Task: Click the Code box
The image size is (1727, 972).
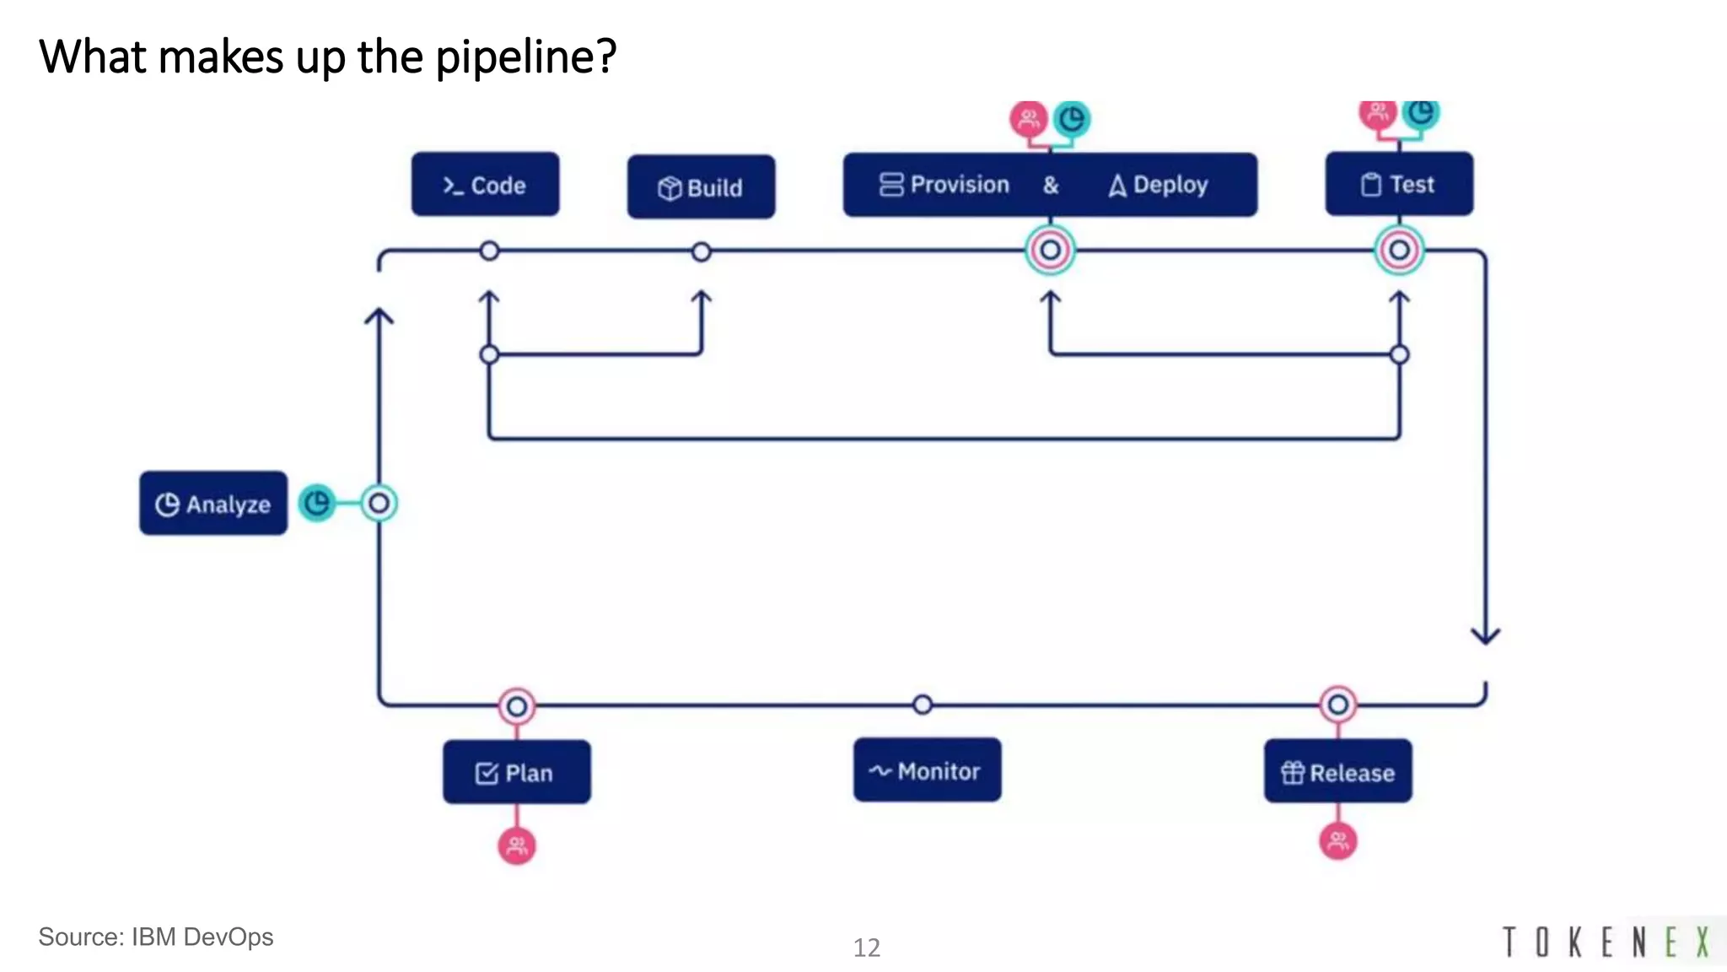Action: (485, 185)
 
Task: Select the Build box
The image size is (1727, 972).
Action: (701, 187)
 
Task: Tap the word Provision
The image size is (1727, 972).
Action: (959, 185)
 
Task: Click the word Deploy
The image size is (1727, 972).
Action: (1170, 185)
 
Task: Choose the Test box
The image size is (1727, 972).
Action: (1399, 185)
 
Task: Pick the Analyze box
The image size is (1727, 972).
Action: (213, 504)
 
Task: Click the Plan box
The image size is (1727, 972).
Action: (516, 772)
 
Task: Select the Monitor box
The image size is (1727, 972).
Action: (927, 770)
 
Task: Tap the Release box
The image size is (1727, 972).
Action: (1337, 771)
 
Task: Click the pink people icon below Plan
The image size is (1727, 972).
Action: (517, 845)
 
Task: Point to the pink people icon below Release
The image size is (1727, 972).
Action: (1338, 840)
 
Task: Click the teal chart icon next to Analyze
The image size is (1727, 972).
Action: (317, 504)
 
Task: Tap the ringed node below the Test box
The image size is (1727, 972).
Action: (1399, 251)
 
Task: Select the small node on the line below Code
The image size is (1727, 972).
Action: (489, 251)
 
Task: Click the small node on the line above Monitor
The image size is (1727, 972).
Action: (923, 704)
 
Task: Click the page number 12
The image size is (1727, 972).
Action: (866, 948)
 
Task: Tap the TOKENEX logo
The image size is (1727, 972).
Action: (1606, 942)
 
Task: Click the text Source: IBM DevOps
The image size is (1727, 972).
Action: (156, 937)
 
